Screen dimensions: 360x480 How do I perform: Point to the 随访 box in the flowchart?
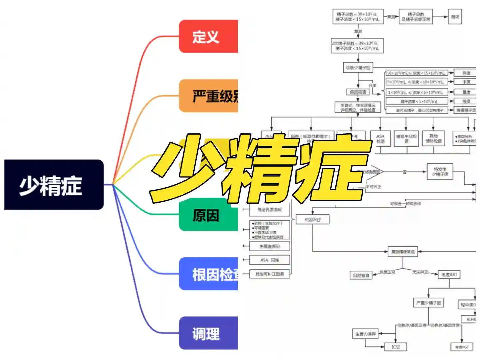(455, 17)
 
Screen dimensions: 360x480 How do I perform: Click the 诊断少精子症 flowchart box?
(358, 68)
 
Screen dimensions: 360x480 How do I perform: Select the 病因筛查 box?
(358, 92)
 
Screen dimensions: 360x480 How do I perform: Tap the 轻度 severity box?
(466, 73)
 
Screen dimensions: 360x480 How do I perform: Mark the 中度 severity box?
(466, 82)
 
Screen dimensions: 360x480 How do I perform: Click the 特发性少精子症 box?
(440, 172)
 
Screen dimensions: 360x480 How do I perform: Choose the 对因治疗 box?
(313, 219)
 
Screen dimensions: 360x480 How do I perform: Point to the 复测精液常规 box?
(403, 252)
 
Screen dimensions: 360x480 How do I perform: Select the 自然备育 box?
(361, 275)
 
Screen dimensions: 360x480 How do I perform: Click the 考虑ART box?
(449, 275)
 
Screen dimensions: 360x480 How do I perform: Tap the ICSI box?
(396, 347)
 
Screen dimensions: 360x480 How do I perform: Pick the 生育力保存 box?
(365, 334)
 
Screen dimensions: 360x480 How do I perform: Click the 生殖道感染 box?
(270, 246)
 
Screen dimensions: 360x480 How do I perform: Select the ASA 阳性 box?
(270, 260)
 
